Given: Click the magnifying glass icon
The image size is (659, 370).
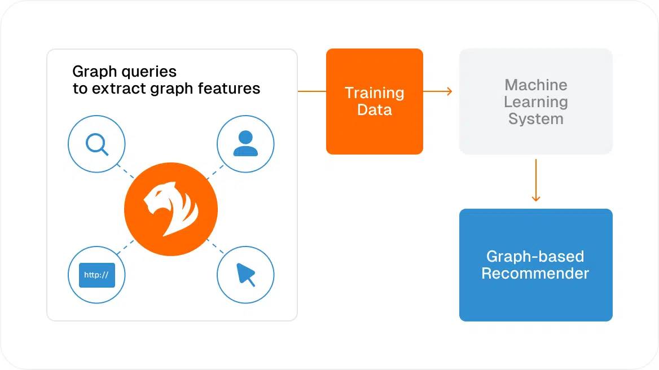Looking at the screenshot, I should point(96,144).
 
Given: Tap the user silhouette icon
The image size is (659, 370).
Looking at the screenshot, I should point(245,144).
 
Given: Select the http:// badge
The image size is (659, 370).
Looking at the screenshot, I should point(96,276).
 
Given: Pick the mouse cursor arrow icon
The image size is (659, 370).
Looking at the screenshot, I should point(246,275).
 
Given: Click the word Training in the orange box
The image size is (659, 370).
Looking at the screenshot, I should point(374,93).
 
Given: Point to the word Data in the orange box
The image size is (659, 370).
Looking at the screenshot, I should point(374,110).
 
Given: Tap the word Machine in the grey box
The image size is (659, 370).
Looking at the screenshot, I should point(535,85).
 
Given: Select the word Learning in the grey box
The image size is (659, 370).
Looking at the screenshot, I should point(535,102).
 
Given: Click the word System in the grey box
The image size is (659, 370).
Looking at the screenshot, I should point(535,119).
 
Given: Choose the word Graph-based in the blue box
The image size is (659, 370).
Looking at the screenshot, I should point(535,257).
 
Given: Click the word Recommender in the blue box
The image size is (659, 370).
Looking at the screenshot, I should point(535,274).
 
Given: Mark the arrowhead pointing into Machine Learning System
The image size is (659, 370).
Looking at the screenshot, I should point(449,91).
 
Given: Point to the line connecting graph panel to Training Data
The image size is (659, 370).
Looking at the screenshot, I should point(311,91).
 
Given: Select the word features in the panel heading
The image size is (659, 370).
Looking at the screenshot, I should point(233,89).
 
